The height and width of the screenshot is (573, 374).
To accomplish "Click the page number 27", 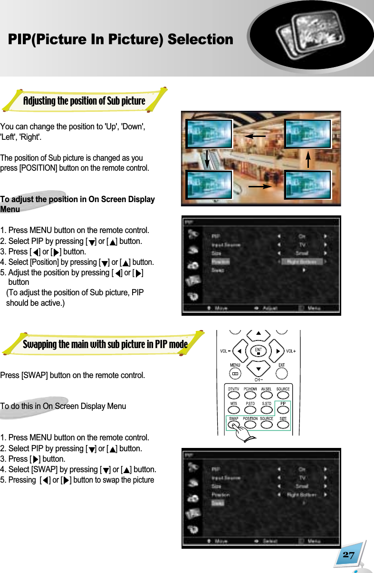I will (348, 555).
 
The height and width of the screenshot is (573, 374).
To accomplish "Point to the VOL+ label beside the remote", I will (290, 351).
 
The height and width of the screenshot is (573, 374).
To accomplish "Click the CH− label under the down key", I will (258, 379).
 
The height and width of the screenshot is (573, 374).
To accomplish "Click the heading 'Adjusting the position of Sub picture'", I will (84, 101).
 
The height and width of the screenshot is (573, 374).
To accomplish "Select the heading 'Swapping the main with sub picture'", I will (105, 344).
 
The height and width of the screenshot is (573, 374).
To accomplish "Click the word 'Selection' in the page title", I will (200, 39).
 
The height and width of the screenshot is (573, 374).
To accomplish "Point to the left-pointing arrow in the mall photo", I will (255, 136).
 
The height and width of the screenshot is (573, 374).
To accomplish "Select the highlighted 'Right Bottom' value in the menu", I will (302, 262).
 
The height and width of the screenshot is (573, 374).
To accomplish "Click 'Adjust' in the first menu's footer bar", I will (270, 308).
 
